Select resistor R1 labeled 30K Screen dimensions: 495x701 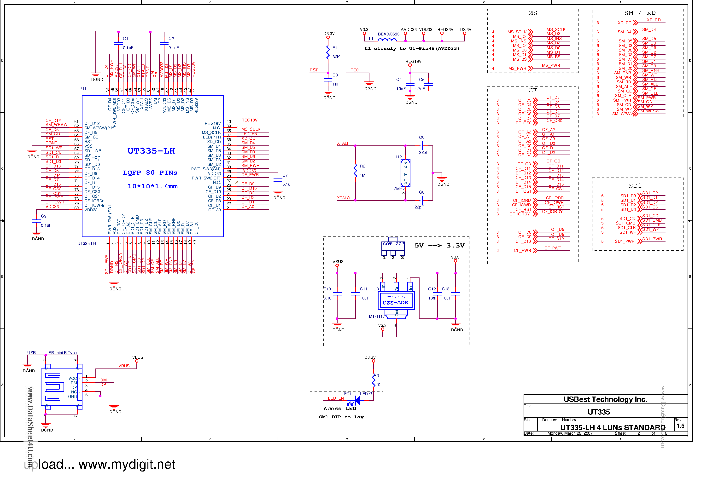tap(328, 52)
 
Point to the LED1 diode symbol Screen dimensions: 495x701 tap(357, 400)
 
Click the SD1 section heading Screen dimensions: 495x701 tap(635, 186)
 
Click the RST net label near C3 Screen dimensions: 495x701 tap(314, 70)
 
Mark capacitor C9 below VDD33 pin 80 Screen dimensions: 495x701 tap(36, 221)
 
